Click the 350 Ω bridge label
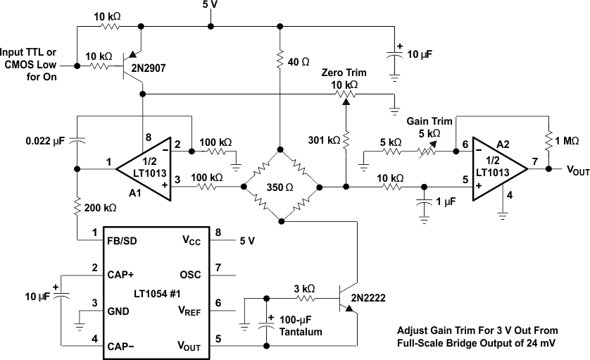pos(280,188)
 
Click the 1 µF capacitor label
pos(446,203)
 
